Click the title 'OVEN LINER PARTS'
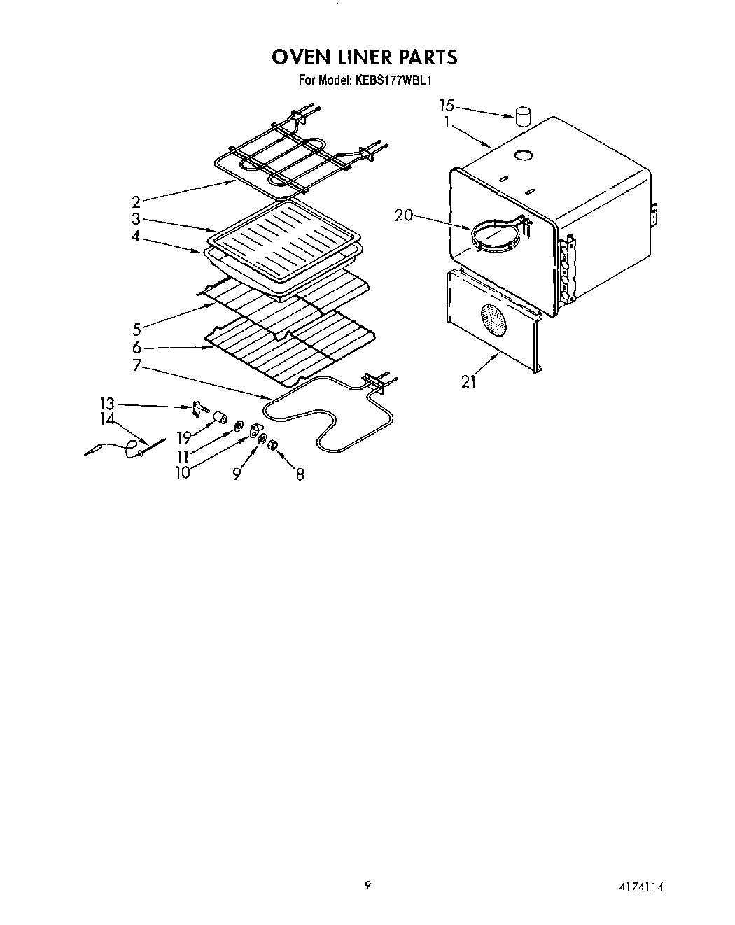pyautogui.click(x=365, y=57)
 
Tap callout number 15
pyautogui.click(x=447, y=106)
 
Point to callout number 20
pyautogui.click(x=404, y=216)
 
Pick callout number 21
pyautogui.click(x=468, y=381)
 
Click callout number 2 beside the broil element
pyautogui.click(x=136, y=202)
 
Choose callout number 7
pyautogui.click(x=136, y=365)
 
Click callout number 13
pyautogui.click(x=106, y=404)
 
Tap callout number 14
pyautogui.click(x=106, y=419)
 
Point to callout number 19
pyautogui.click(x=184, y=439)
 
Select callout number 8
pyautogui.click(x=300, y=474)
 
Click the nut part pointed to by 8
pyautogui.click(x=274, y=446)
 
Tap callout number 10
pyautogui.click(x=183, y=472)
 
